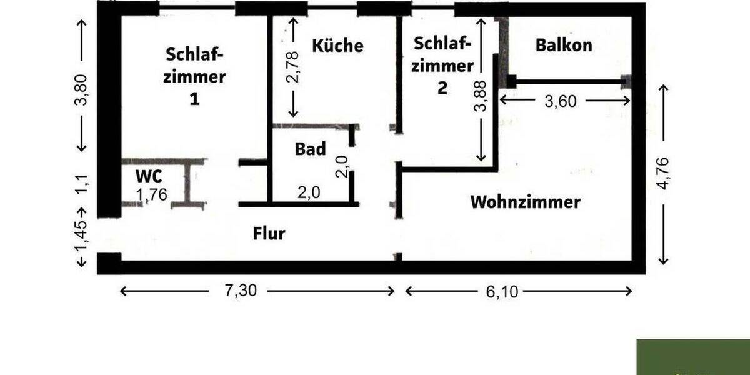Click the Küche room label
click(337, 46)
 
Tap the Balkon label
click(564, 45)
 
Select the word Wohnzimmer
click(526, 202)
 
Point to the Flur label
click(269, 234)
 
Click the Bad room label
click(311, 149)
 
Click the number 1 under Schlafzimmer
click(194, 99)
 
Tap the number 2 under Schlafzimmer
click(442, 87)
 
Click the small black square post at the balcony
click(511, 81)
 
